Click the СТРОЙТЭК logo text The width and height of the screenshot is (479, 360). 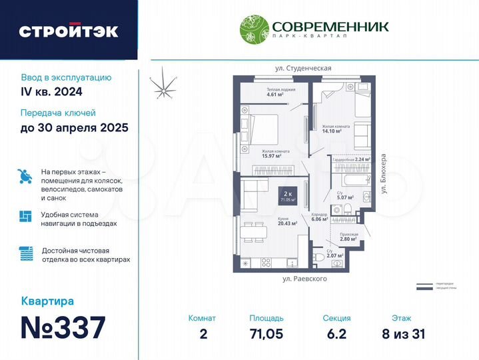click(69, 31)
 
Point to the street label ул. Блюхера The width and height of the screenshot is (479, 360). click(383, 174)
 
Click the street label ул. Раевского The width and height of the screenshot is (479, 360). click(304, 279)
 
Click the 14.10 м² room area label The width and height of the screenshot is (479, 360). click(332, 131)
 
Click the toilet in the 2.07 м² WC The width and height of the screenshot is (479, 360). click(320, 257)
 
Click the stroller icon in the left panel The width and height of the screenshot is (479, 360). click(25, 176)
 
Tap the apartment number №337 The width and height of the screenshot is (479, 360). click(63, 327)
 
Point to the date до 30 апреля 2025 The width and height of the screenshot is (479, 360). click(74, 127)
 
